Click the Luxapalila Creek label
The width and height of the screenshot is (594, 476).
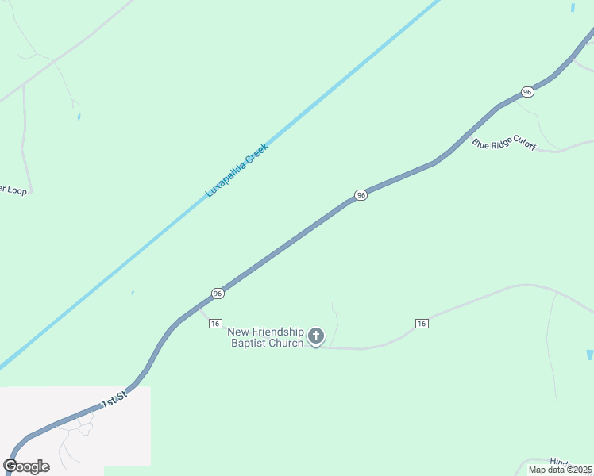(237, 170)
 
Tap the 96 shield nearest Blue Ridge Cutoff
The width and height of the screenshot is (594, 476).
(527, 92)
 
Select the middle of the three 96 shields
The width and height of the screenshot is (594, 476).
(361, 195)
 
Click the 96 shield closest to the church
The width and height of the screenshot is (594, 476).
(218, 294)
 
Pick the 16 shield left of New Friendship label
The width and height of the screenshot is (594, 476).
(214, 323)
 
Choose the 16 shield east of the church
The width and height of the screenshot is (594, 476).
(422, 323)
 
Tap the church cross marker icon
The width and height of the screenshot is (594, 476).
(316, 337)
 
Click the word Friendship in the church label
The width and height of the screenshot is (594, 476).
(276, 332)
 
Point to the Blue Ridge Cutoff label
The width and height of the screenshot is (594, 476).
(504, 144)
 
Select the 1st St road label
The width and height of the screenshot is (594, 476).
(114, 399)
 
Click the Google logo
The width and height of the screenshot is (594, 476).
(26, 466)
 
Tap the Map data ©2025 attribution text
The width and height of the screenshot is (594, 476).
(560, 470)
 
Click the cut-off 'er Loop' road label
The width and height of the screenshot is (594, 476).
(14, 190)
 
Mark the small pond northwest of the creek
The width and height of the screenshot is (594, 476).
(79, 117)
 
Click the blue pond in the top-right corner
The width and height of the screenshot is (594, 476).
(573, 7)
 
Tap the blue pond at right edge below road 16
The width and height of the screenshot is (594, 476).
(589, 355)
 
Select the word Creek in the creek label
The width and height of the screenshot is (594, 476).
(256, 154)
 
